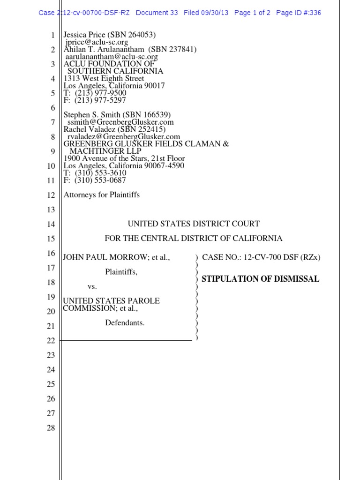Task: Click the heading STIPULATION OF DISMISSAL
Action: (x=260, y=279)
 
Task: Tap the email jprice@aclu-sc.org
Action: (x=97, y=42)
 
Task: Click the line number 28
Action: (x=51, y=427)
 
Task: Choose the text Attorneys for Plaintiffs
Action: (x=102, y=195)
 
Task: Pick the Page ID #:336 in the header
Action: (x=299, y=13)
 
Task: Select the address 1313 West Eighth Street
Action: (x=104, y=78)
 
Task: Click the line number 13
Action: (x=51, y=210)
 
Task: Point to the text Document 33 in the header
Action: (x=157, y=13)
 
